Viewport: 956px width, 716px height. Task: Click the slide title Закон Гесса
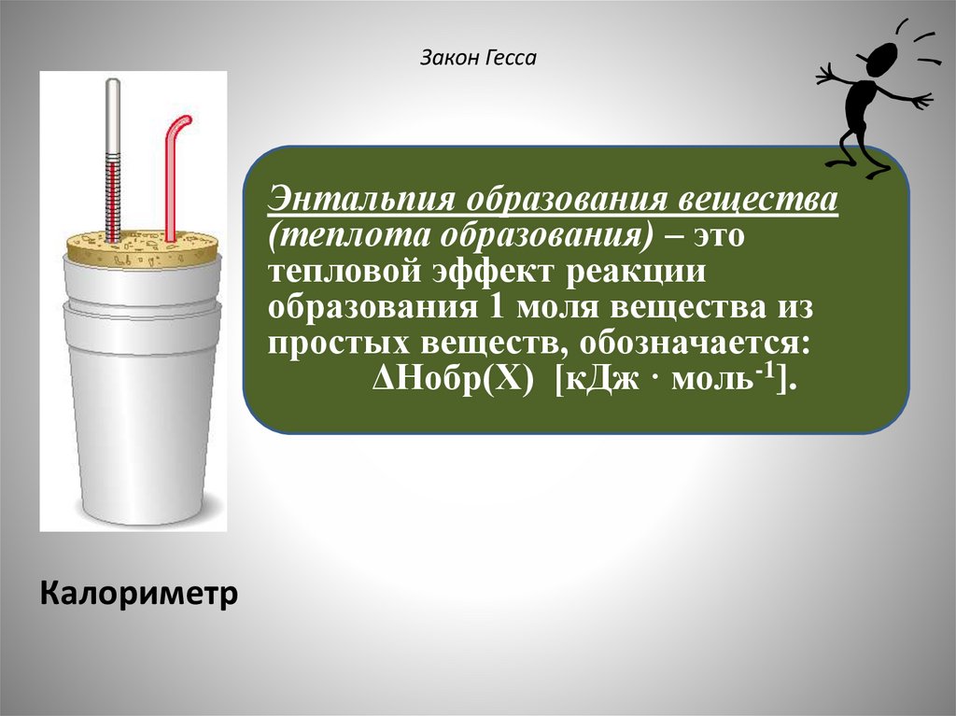point(478,60)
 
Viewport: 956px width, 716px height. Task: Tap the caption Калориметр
point(138,593)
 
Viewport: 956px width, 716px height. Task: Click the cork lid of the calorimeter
point(142,247)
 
